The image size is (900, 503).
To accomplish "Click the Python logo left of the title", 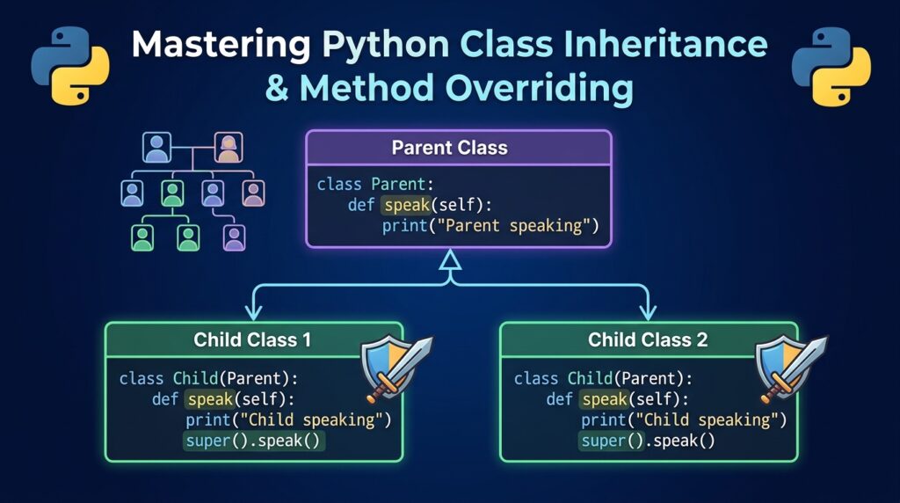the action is [x=70, y=66].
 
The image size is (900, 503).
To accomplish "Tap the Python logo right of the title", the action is [x=831, y=66].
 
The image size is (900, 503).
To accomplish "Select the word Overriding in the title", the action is [x=539, y=89].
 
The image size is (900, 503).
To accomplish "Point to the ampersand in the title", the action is [x=277, y=89].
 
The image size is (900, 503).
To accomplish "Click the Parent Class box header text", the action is [x=449, y=148].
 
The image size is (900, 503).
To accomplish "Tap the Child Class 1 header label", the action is [x=252, y=339].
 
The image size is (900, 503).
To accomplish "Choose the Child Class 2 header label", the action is [x=648, y=339].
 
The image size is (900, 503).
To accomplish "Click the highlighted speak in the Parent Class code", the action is [x=406, y=205].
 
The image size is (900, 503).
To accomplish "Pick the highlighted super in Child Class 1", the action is [x=207, y=441].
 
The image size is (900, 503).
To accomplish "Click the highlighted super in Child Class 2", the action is [x=604, y=441].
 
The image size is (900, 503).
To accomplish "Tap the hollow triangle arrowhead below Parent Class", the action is [x=451, y=260].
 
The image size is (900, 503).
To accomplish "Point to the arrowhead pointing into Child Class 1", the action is [x=253, y=312].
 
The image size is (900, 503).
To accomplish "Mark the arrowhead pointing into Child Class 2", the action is [x=648, y=312].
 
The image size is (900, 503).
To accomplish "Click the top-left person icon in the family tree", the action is [x=156, y=147].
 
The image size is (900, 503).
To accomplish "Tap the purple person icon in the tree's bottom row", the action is [x=234, y=237].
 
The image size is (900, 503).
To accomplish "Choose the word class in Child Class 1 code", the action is [x=142, y=378].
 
